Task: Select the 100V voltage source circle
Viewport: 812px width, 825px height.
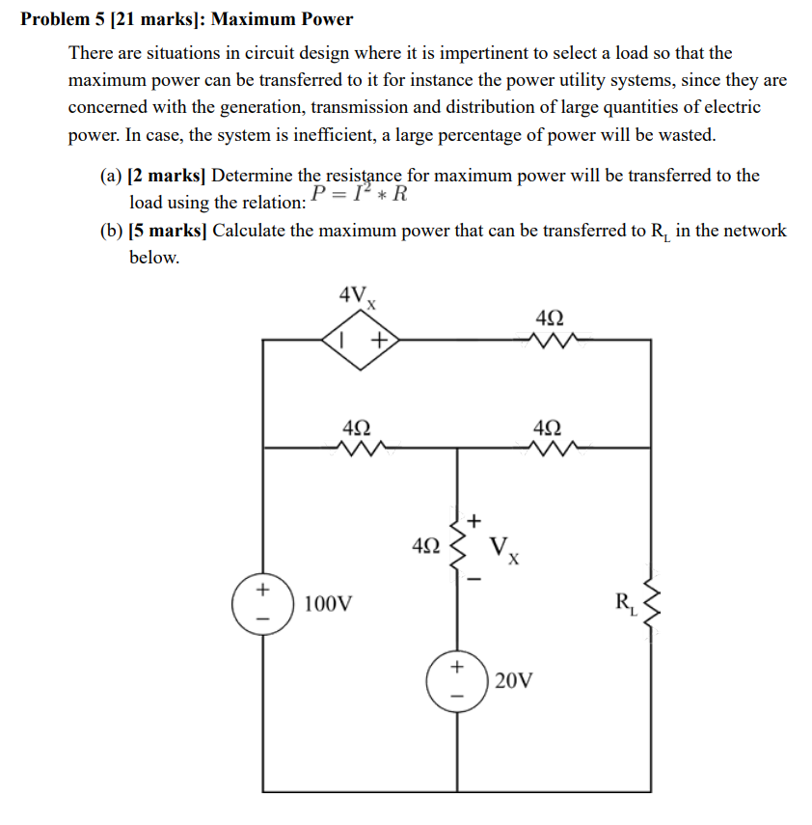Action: coord(260,605)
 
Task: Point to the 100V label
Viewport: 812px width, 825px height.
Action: coord(328,605)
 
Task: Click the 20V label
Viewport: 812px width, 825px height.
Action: coord(512,681)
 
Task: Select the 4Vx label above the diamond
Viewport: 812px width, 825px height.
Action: coord(356,296)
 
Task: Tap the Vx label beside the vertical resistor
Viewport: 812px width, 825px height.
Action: coord(505,551)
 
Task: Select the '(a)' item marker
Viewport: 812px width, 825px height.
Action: coord(111,176)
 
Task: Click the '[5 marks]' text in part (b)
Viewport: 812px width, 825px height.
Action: coord(168,232)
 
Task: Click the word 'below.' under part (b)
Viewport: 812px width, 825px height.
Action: coord(154,258)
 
